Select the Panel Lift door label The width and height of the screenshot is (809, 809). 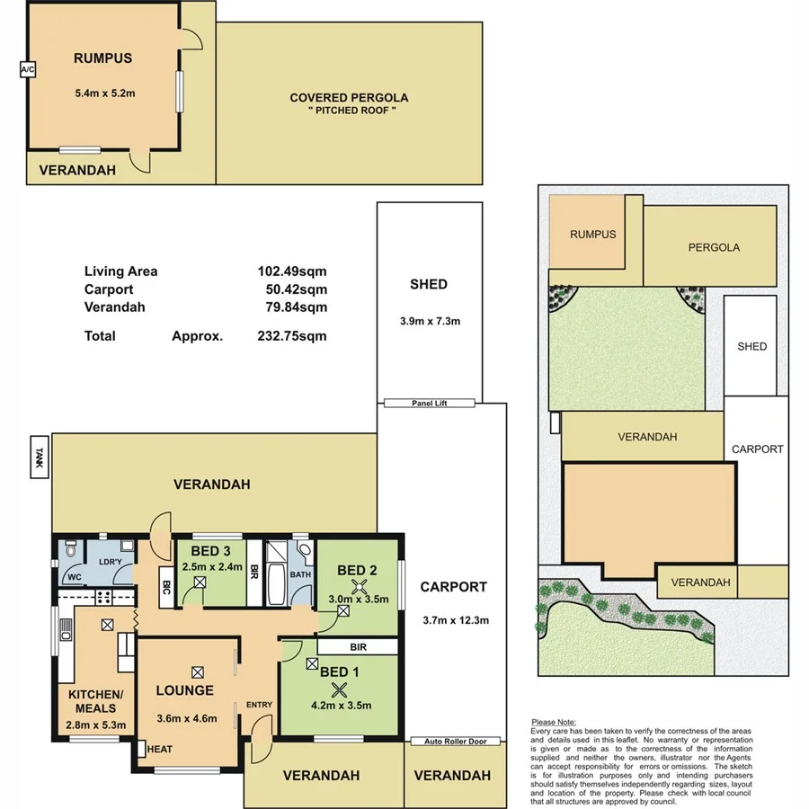pos(428,404)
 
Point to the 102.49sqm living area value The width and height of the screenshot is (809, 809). pos(292,271)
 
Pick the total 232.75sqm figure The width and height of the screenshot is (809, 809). pos(292,336)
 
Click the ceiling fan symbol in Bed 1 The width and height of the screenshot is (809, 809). pos(339,689)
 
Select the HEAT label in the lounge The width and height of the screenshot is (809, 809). pos(161,748)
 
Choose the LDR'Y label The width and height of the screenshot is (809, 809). pos(109,562)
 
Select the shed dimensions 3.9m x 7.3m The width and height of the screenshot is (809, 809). pos(429,321)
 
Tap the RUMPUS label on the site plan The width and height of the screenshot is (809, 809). pos(593,235)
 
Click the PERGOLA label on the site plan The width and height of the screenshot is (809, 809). pos(714,247)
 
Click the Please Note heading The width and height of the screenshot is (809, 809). pos(555,722)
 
